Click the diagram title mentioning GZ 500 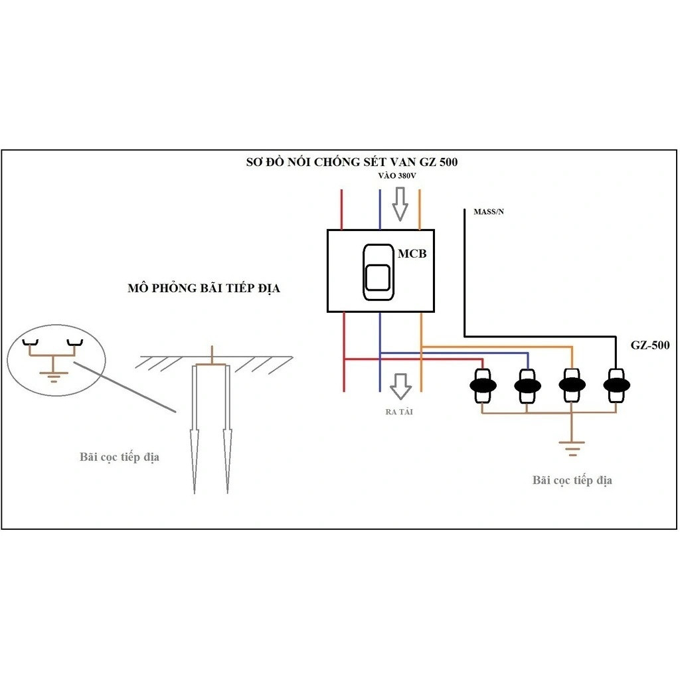point(352,162)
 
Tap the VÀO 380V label point(397,175)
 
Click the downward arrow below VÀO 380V point(400,204)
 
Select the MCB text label point(412,254)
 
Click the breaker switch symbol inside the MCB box point(378,272)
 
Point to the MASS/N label point(489,212)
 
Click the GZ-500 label point(650,345)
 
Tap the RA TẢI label point(399,412)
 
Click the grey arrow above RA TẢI point(400,386)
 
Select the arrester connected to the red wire point(483,385)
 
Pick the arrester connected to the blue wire point(527,385)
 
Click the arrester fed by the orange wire point(572,385)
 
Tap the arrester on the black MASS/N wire point(616,385)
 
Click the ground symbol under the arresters point(572,449)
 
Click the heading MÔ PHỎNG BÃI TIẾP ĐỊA point(204,288)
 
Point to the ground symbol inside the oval point(53,377)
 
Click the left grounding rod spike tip point(195,493)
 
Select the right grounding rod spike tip point(227,493)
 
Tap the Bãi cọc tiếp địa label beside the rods point(120,458)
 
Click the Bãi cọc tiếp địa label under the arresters point(572,481)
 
